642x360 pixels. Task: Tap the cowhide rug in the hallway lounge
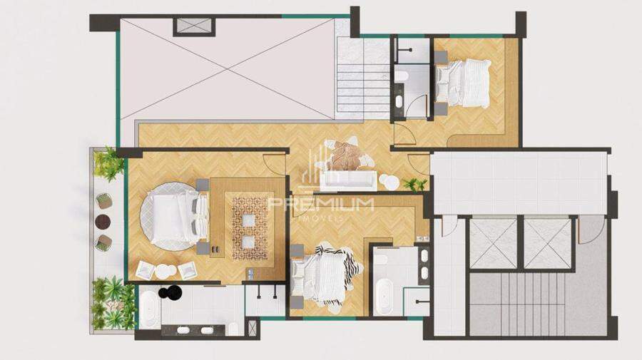pos(345,155)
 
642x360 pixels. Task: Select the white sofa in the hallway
pos(348,181)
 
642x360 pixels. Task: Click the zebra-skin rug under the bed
pos(330,275)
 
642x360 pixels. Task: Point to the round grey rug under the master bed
pos(168,215)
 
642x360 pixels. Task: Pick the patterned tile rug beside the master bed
pos(250,228)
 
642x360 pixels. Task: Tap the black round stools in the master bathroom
pos(170,292)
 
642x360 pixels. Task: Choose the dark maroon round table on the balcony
pos(103,222)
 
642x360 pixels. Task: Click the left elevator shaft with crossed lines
pos(493,244)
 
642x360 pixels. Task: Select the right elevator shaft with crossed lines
pos(547,244)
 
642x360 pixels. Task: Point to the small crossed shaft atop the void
pos(193,27)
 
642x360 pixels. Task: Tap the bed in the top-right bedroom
pos(462,84)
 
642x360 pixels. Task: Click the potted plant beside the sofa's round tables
pos(414,185)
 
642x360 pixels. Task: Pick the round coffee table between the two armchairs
pos(166,271)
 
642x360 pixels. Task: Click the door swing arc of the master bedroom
pos(272,165)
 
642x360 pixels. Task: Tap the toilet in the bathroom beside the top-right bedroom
pos(401,76)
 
